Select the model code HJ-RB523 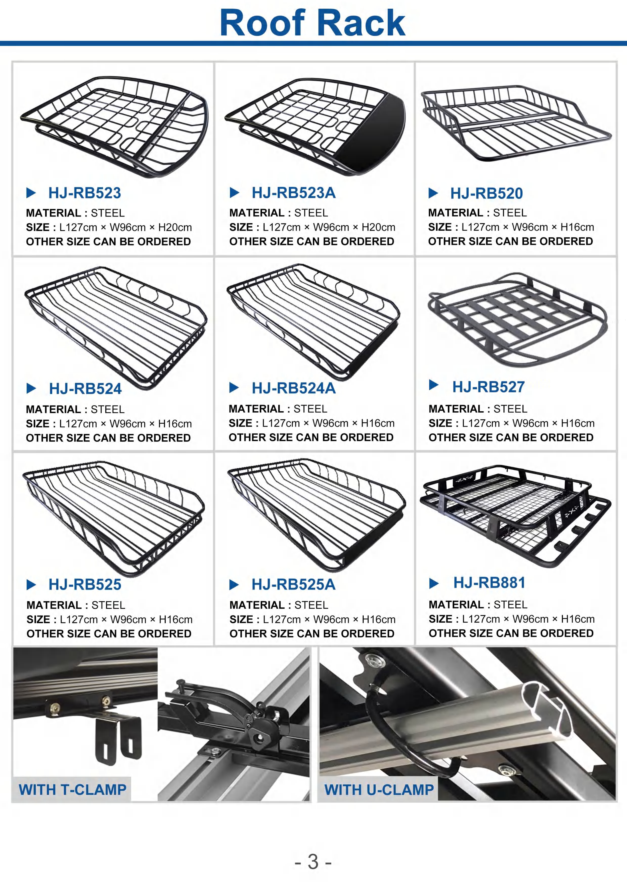point(85,193)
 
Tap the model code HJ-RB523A point(294,193)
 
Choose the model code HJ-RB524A point(294,388)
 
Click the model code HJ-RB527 point(488,387)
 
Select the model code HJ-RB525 point(85,584)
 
